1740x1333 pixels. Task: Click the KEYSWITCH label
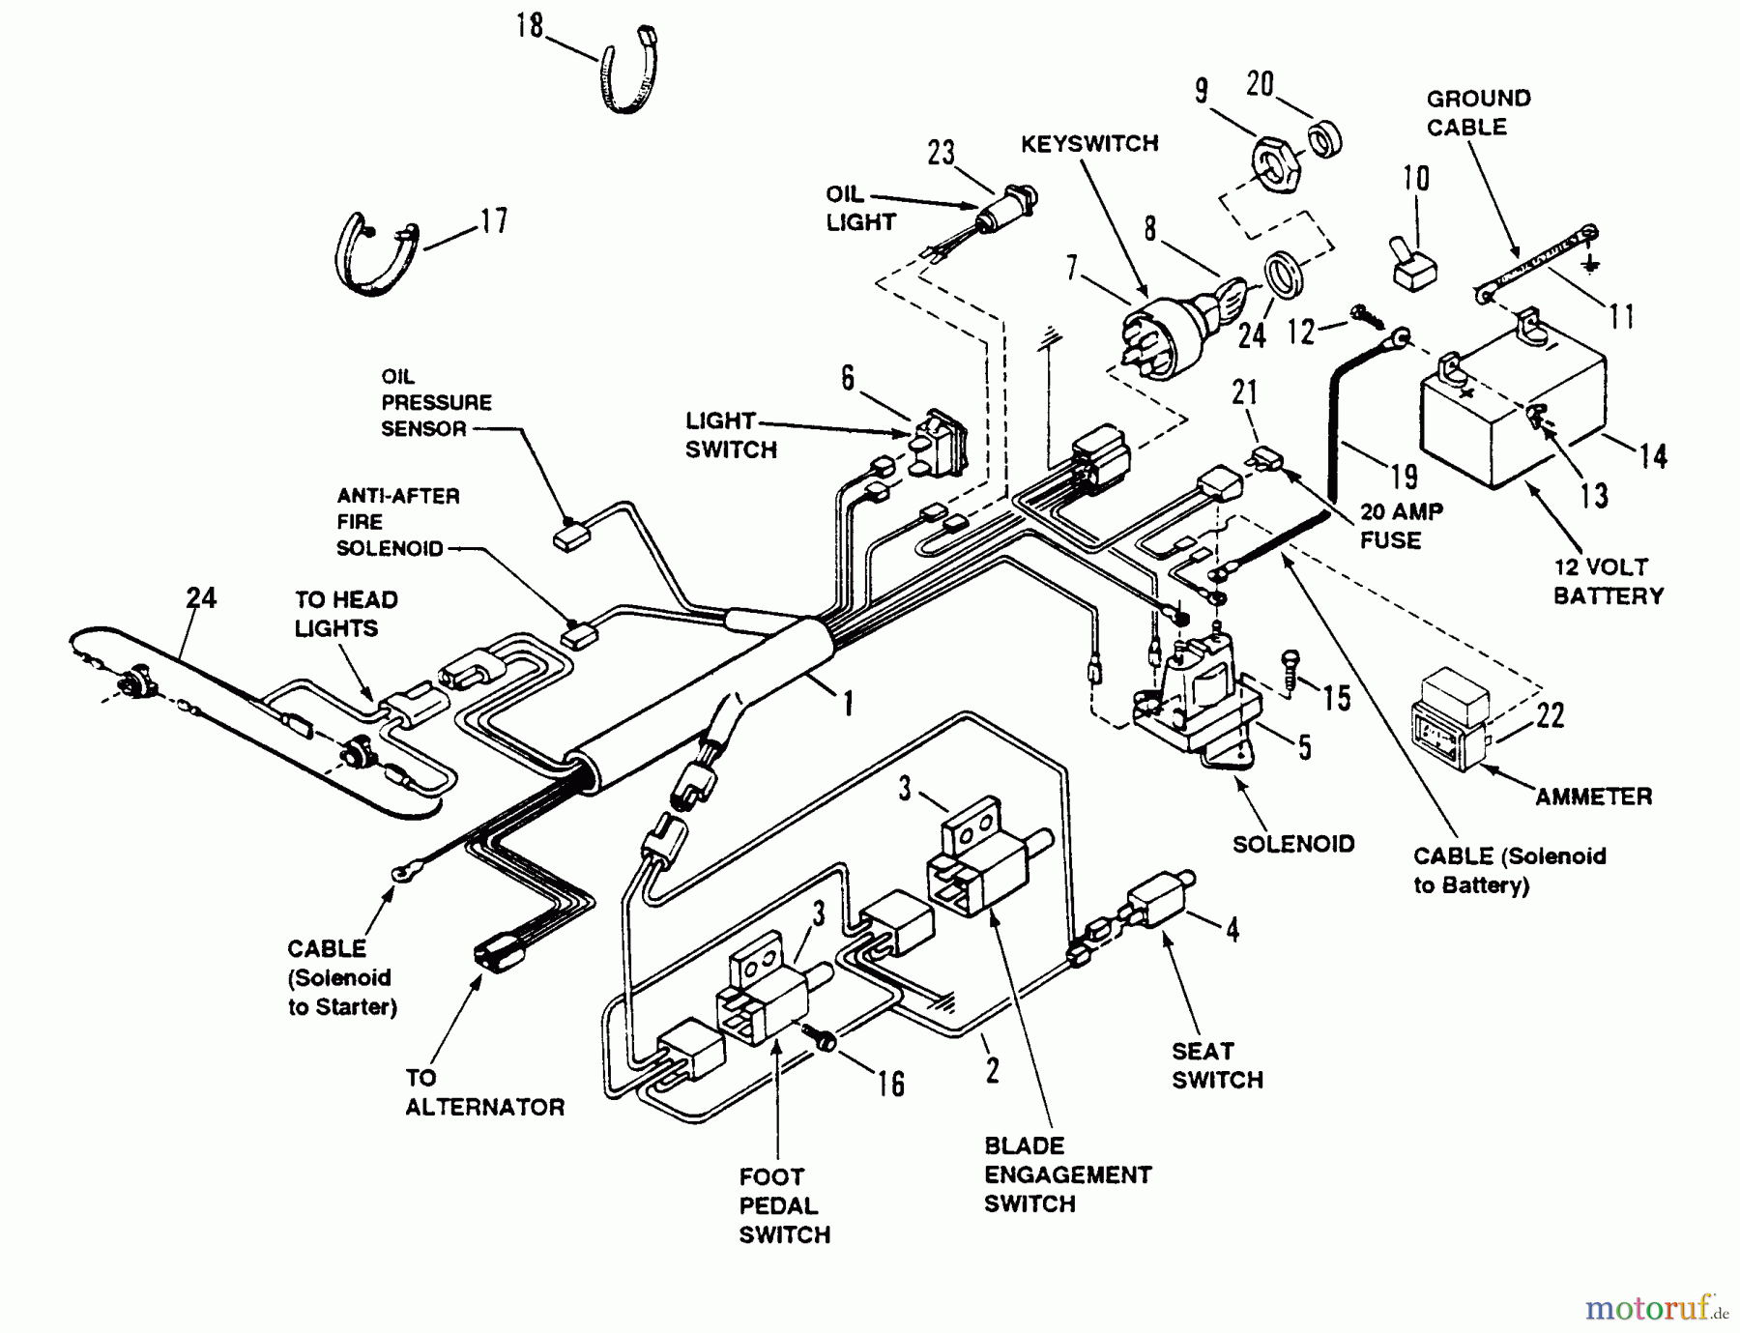(x=1089, y=144)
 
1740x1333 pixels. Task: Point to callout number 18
(x=529, y=25)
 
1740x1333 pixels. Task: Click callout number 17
(x=493, y=221)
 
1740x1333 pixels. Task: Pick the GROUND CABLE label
(x=1478, y=112)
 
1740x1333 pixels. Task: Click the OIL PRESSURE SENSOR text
(x=436, y=402)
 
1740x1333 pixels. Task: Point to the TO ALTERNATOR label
(x=484, y=1092)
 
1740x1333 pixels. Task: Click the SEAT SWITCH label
(x=1217, y=1065)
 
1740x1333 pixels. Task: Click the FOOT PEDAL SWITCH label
(x=784, y=1205)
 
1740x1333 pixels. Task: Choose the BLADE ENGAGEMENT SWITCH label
(x=1067, y=1174)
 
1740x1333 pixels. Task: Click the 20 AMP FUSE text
(x=1401, y=525)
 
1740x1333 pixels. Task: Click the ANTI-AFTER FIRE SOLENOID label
(x=397, y=522)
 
